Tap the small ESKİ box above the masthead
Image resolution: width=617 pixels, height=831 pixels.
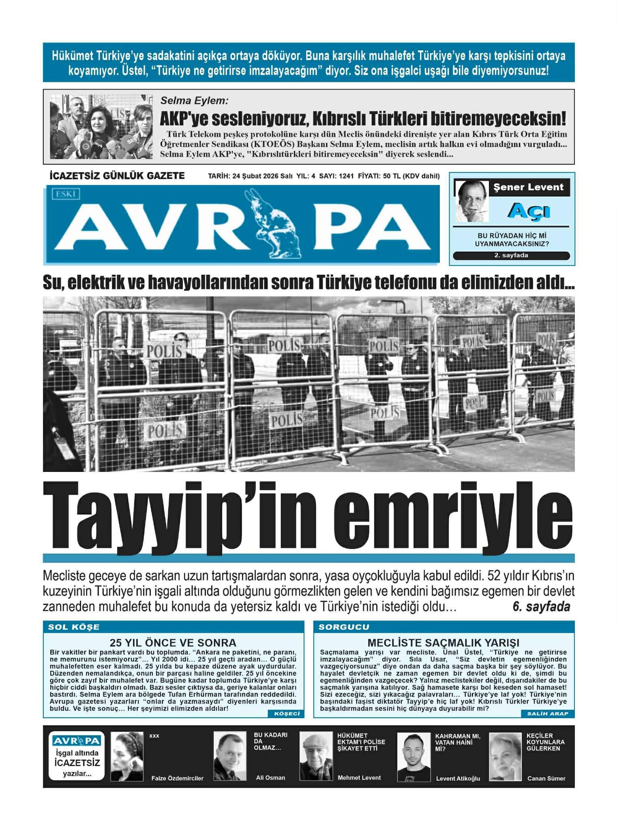tap(66, 194)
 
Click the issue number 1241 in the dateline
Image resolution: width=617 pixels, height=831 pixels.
tap(347, 176)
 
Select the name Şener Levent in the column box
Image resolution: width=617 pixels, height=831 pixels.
tap(528, 187)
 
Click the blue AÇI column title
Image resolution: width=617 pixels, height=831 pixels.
tap(529, 211)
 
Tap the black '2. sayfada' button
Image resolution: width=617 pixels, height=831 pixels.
tap(511, 256)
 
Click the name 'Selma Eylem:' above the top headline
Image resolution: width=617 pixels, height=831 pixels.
tap(194, 101)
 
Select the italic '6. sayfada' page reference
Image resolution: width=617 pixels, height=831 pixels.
tap(541, 607)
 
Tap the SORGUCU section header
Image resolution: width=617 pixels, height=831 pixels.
tap(344, 627)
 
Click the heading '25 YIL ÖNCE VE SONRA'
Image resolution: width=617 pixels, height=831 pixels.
tap(173, 643)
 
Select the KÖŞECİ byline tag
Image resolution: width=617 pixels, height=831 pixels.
tap(286, 714)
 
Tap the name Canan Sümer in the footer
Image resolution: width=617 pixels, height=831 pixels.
tap(546, 779)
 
